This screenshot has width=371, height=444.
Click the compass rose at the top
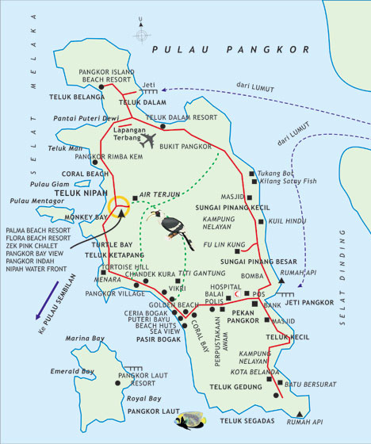coord(141,35)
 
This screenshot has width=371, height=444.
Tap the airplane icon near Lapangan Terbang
coord(147,140)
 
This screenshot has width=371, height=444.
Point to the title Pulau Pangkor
coord(230,49)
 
